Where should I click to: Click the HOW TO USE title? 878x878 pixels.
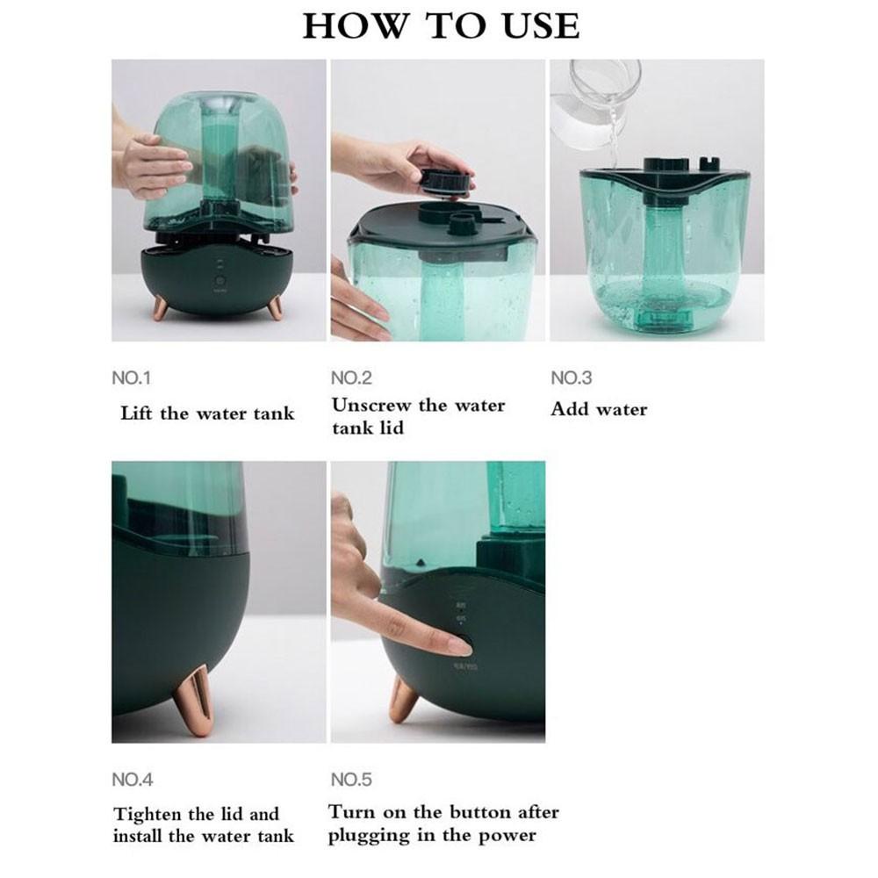pyautogui.click(x=441, y=25)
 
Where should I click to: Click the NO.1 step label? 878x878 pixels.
pyautogui.click(x=132, y=378)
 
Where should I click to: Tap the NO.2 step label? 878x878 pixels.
pyautogui.click(x=351, y=378)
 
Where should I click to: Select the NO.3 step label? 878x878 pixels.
pyautogui.click(x=571, y=378)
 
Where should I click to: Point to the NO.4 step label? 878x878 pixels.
pyautogui.click(x=132, y=779)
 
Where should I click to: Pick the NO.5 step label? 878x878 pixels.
pyautogui.click(x=351, y=779)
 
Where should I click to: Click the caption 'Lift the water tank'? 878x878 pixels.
pyautogui.click(x=207, y=413)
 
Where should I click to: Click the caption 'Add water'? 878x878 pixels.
pyautogui.click(x=599, y=409)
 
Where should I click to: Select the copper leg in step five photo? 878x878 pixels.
pyautogui.click(x=403, y=699)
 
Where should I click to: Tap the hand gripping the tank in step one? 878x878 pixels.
pyautogui.click(x=154, y=164)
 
